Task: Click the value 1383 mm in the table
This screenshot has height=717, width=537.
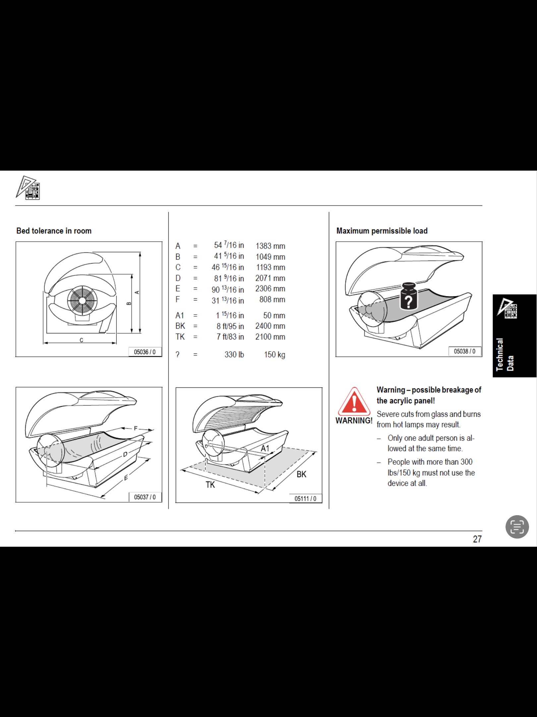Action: (x=270, y=246)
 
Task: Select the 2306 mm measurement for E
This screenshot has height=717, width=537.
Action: (x=270, y=288)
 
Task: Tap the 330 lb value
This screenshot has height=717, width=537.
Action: (x=234, y=355)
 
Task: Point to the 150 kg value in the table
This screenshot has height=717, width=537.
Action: (x=274, y=355)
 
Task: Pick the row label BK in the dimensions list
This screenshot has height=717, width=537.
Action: (x=180, y=326)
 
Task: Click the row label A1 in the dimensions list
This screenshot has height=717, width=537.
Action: (x=179, y=315)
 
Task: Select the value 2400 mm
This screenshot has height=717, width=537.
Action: (x=270, y=326)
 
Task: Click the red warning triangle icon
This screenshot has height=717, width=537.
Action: (x=354, y=401)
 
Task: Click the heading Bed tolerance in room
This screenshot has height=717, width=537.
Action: (x=54, y=231)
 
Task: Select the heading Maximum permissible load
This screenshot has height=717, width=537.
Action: (x=382, y=231)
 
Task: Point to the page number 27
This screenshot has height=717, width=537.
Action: (x=477, y=539)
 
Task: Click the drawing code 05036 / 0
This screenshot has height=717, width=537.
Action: (x=145, y=352)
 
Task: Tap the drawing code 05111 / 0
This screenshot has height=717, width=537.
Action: (x=305, y=499)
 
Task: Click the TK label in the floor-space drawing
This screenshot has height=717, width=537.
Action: (x=210, y=485)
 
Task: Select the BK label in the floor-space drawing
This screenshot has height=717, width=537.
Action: (x=301, y=474)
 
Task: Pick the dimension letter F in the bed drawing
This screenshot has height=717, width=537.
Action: (x=136, y=428)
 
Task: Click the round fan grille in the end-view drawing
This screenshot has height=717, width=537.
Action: (x=82, y=301)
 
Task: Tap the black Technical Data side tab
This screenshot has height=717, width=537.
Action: (x=514, y=336)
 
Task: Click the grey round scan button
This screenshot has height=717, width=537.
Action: (x=517, y=527)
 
